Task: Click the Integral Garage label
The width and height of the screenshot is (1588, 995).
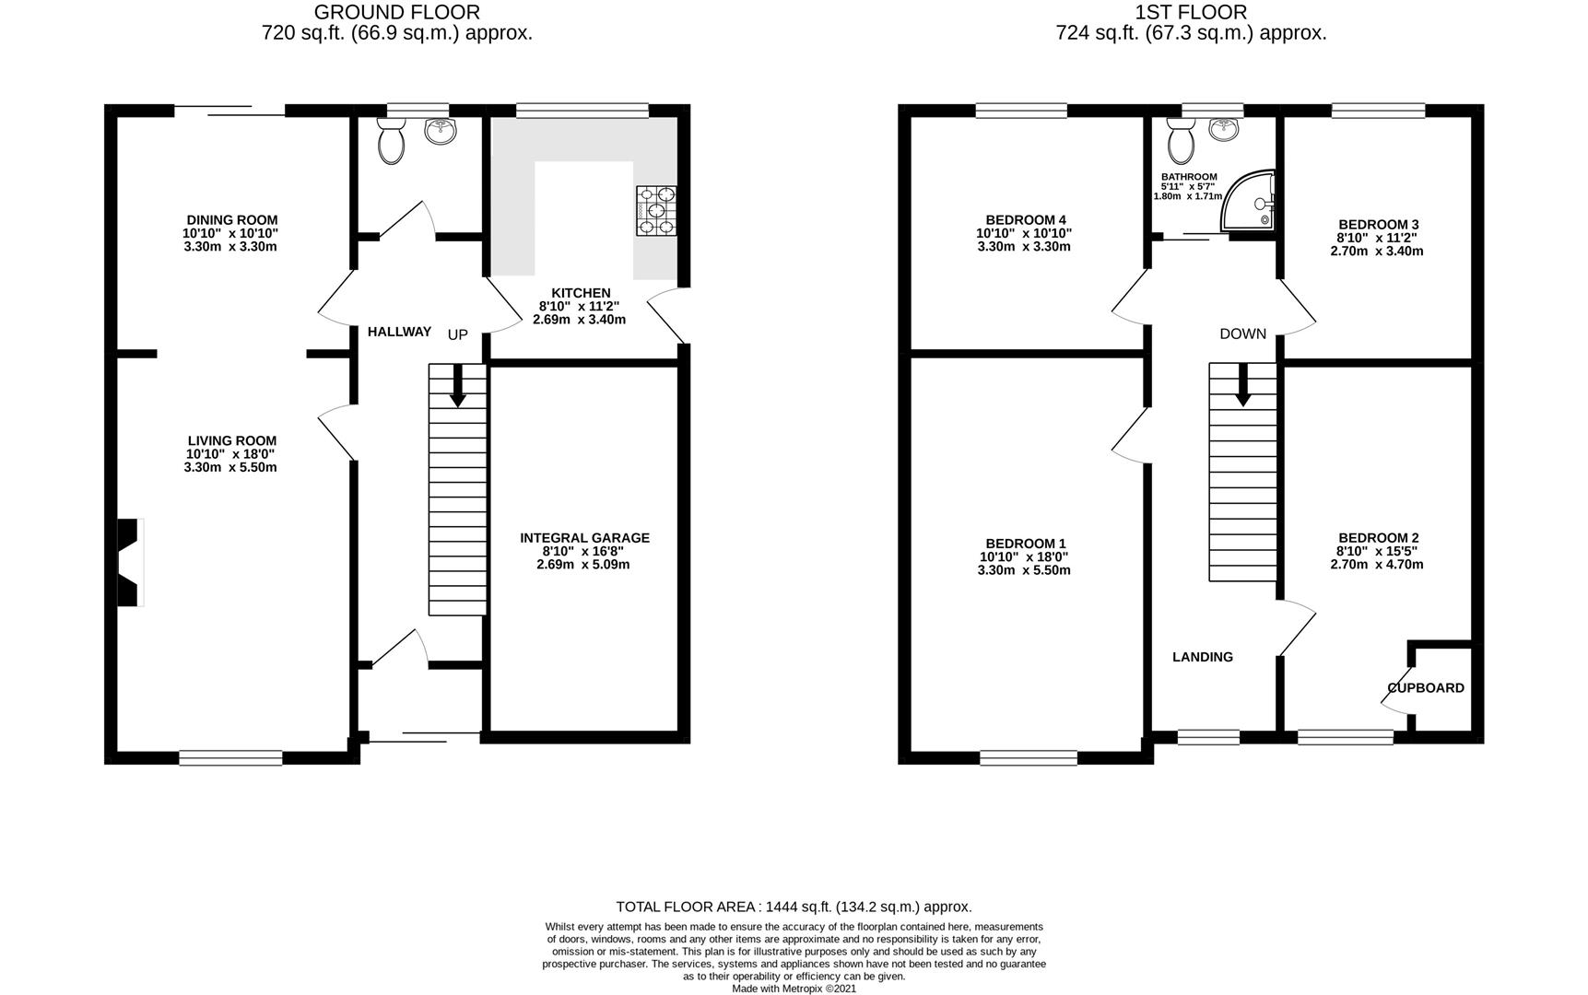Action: point(584,538)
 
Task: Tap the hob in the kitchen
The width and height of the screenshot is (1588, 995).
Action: point(655,210)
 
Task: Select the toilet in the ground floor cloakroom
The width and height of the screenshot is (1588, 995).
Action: point(392,142)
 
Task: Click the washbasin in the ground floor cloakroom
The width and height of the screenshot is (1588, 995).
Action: point(441,131)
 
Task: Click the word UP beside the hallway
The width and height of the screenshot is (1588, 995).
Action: point(458,335)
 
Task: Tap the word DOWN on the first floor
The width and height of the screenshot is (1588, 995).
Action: point(1243,334)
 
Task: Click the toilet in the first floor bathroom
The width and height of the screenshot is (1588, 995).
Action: point(1181,141)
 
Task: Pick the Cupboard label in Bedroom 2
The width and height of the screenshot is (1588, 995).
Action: point(1426,688)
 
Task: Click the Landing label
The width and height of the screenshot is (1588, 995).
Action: point(1203,657)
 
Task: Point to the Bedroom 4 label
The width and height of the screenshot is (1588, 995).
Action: point(1026,220)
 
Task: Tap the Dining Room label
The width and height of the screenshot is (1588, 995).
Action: point(232,220)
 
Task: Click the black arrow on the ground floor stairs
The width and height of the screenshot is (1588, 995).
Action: point(457,385)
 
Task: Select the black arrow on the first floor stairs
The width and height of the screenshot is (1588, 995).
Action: point(1242,385)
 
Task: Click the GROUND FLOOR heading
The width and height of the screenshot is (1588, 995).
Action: point(397,12)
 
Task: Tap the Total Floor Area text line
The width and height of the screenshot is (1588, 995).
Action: point(794,907)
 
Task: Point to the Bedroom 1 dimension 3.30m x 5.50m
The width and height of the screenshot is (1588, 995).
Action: point(1024,570)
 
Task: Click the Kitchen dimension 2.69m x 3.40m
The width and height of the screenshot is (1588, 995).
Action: point(579,320)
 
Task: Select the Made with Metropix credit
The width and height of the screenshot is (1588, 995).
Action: point(794,989)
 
